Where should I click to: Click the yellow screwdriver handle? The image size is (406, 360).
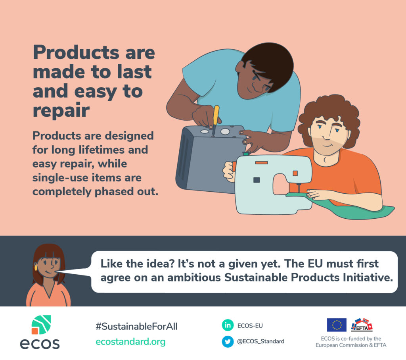point(216,116)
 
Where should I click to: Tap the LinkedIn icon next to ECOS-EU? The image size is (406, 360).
point(228,325)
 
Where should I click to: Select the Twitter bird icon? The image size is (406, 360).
point(228,341)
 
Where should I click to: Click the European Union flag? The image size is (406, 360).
point(337,325)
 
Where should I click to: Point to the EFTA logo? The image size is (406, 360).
point(362,325)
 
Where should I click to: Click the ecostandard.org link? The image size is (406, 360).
point(130,342)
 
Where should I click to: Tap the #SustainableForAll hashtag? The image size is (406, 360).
point(136,326)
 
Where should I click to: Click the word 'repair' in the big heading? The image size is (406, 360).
point(61,111)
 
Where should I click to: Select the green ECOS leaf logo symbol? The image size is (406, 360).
point(41,325)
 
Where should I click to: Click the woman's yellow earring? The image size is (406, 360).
point(36,267)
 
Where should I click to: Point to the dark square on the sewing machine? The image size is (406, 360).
point(257,180)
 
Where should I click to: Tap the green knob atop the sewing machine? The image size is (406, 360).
point(245,154)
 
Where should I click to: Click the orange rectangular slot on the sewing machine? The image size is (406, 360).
point(261,163)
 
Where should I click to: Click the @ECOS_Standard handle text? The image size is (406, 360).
point(261,341)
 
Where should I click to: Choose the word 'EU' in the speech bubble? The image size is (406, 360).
point(315,264)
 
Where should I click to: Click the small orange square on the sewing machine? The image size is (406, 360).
point(295,173)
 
